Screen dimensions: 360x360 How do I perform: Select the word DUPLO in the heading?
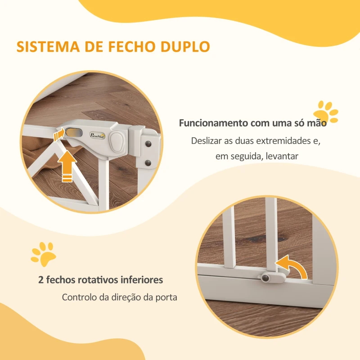point(188,47)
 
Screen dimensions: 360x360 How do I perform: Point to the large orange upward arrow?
point(67,166)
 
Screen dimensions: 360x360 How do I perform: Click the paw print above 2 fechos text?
point(43,253)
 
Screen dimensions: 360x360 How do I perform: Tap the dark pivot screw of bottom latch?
point(265,279)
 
